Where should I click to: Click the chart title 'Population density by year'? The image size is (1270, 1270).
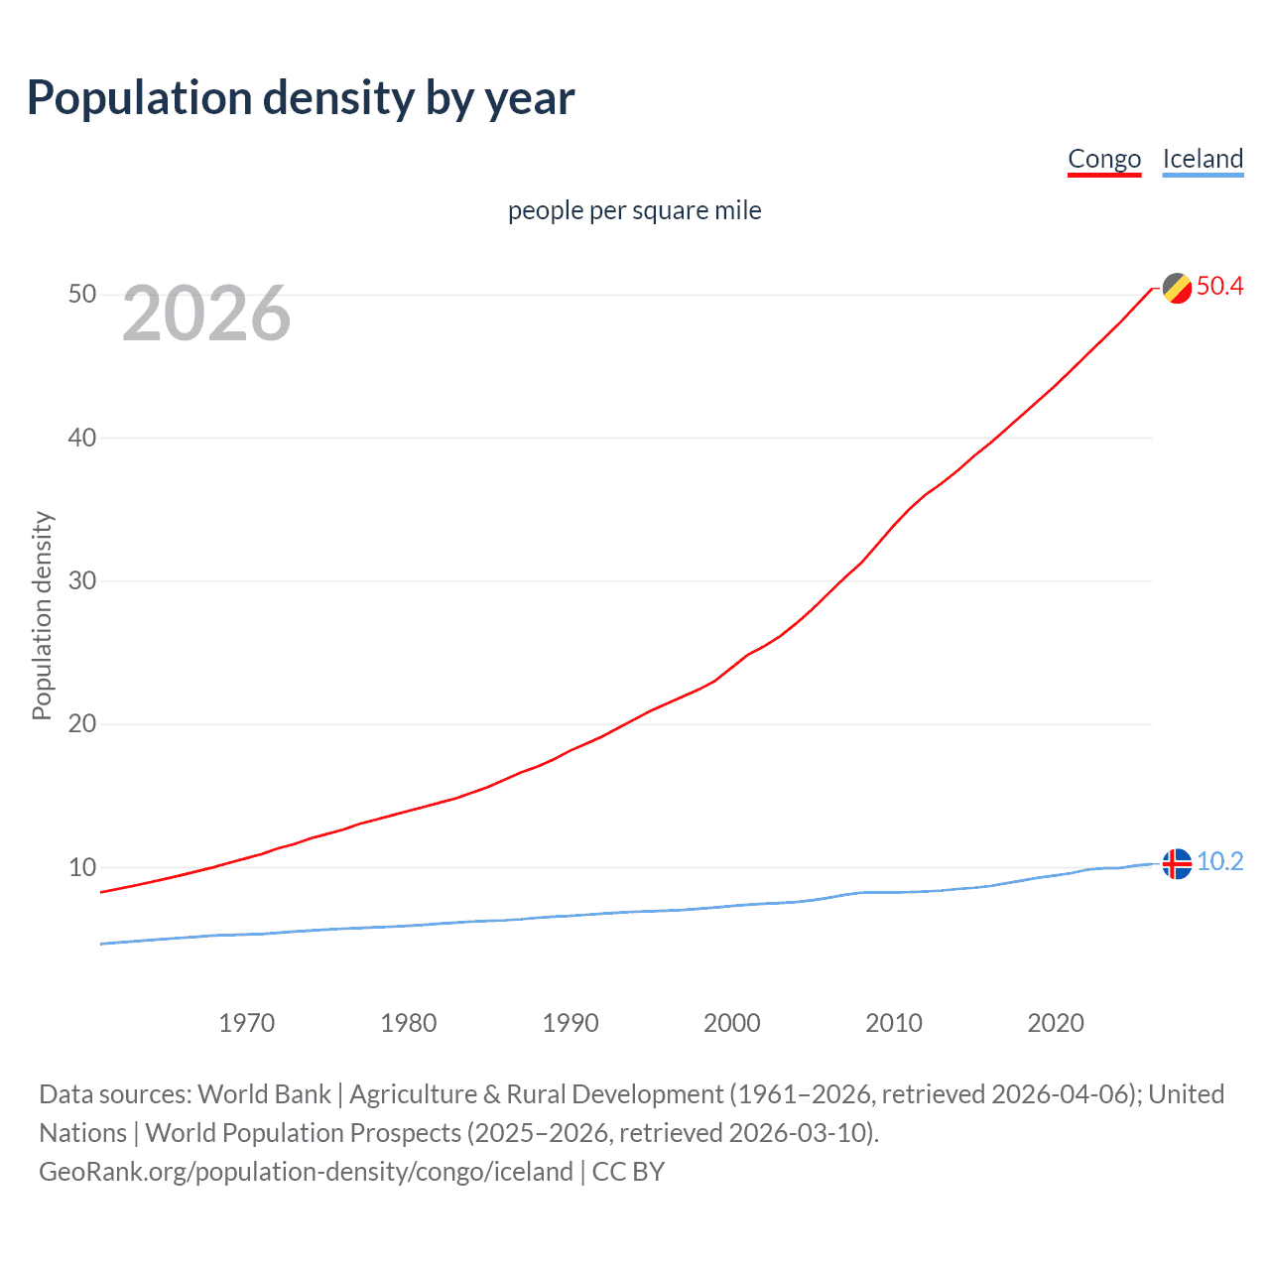pyautogui.click(x=301, y=98)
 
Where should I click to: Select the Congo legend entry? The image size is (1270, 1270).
pyautogui.click(x=1104, y=159)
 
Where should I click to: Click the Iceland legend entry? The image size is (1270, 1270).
pyautogui.click(x=1203, y=159)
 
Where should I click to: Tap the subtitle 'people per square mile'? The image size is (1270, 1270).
pyautogui.click(x=634, y=210)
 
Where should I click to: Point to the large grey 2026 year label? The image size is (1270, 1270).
pyautogui.click(x=206, y=314)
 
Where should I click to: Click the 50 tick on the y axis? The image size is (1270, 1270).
pyautogui.click(x=82, y=295)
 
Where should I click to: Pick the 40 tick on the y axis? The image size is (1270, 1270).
pyautogui.click(x=82, y=438)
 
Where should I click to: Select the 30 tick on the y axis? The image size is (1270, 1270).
pyautogui.click(x=82, y=580)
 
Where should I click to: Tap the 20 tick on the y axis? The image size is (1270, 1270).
pyautogui.click(x=82, y=723)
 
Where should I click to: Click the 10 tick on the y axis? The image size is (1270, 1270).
pyautogui.click(x=82, y=867)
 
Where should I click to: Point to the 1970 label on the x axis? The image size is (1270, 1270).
pyautogui.click(x=247, y=1023)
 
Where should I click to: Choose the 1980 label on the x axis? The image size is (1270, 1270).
pyautogui.click(x=409, y=1023)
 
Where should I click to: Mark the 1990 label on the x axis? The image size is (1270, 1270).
pyautogui.click(x=571, y=1023)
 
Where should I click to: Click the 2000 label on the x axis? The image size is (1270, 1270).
pyautogui.click(x=732, y=1023)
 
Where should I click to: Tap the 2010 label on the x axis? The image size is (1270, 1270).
pyautogui.click(x=894, y=1023)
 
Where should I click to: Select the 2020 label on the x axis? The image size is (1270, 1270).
pyautogui.click(x=1056, y=1023)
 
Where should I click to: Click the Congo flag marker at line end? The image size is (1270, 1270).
pyautogui.click(x=1177, y=288)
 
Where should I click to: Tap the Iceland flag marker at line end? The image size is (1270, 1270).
pyautogui.click(x=1177, y=863)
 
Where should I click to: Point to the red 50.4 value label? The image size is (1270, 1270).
pyautogui.click(x=1219, y=287)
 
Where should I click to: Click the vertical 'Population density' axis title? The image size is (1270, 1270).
pyautogui.click(x=42, y=615)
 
